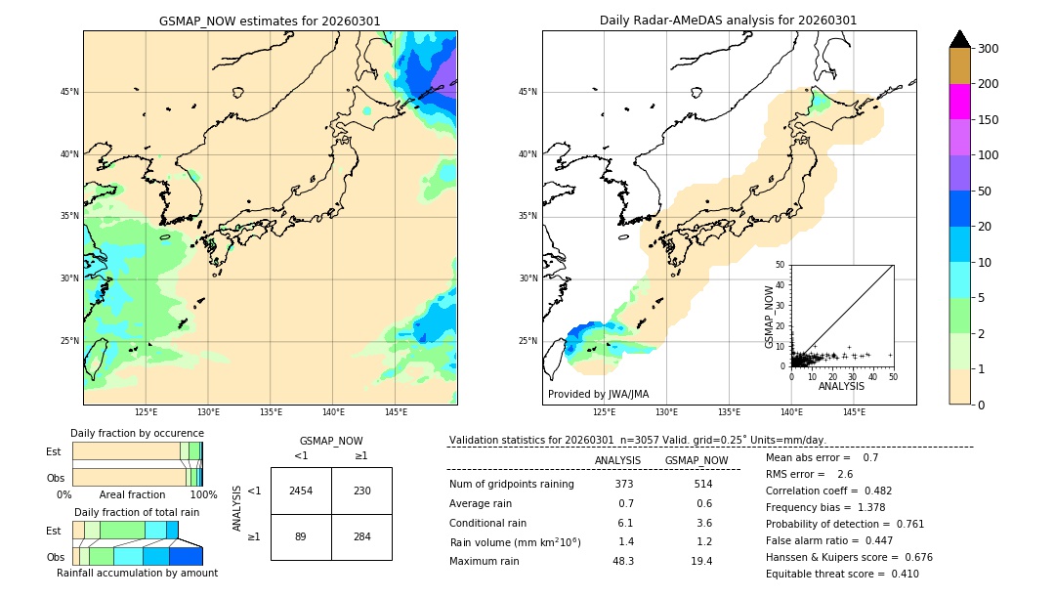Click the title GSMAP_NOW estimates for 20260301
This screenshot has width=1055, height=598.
270,21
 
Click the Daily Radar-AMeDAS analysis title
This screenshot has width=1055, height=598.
729,21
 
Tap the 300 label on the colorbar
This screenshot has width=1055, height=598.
990,49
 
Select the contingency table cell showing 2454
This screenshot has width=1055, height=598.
301,491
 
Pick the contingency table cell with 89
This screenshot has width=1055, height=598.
301,536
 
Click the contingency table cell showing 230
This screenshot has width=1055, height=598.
361,491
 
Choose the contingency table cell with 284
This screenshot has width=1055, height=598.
361,536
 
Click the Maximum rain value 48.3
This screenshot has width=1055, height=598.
623,561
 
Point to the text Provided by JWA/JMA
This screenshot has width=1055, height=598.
598,395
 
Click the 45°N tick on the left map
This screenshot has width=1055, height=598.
69,92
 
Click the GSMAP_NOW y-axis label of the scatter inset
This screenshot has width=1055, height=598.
770,317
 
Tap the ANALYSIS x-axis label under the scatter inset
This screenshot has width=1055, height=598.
841,387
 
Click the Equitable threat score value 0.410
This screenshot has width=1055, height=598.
899,574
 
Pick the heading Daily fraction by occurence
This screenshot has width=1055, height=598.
137,433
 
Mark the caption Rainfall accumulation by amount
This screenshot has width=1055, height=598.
137,573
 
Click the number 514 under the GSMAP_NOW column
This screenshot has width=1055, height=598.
702,484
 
